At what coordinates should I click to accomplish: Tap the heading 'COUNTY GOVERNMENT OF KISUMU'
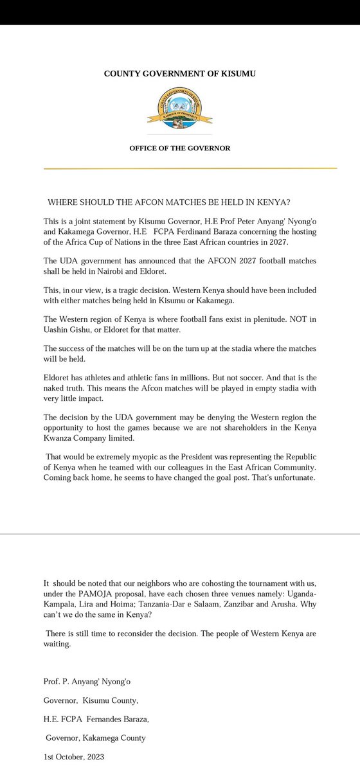pos(180,74)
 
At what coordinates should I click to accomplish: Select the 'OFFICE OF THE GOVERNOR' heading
pos(179,148)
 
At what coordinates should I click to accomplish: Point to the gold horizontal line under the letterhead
pos(190,168)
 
